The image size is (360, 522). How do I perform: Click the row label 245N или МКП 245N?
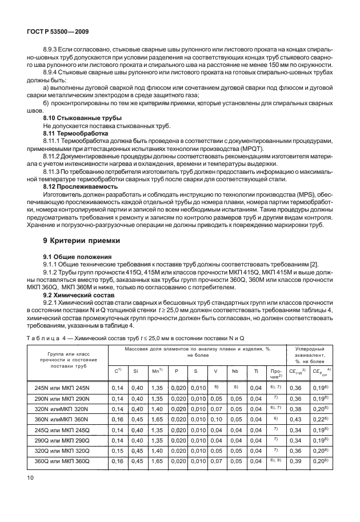pyautogui.click(x=71, y=388)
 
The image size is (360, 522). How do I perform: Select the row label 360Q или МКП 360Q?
pyautogui.click(x=71, y=460)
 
